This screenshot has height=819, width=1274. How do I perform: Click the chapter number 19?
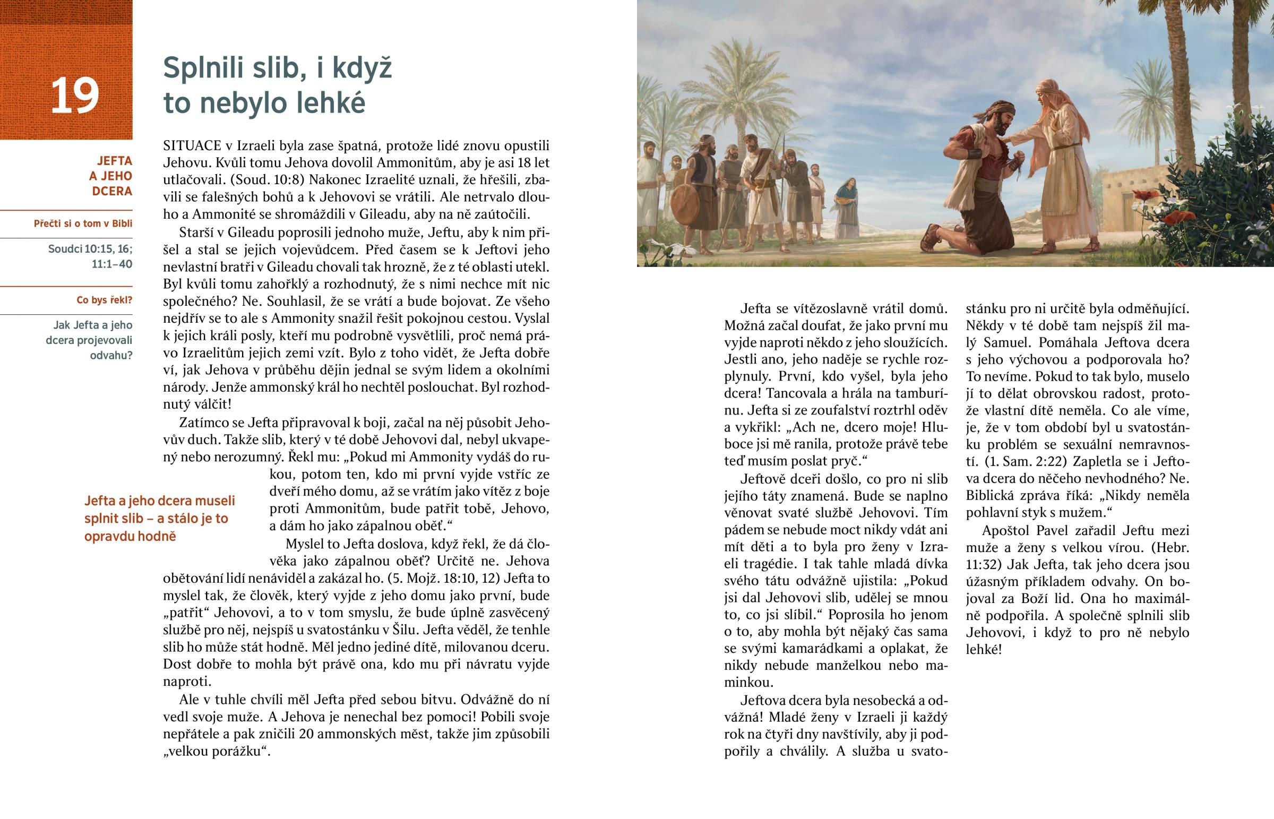point(75,96)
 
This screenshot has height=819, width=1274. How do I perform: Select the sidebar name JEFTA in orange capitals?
point(115,161)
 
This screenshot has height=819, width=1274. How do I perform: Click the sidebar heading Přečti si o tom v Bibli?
point(83,223)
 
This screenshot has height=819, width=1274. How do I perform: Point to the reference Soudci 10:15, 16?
point(90,249)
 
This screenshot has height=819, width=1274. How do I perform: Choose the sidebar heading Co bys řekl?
point(104,300)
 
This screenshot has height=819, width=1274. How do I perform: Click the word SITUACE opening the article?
point(193,146)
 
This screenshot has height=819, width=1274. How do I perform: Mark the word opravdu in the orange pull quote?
point(107,536)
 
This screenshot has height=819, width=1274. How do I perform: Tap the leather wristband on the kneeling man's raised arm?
point(974,154)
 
